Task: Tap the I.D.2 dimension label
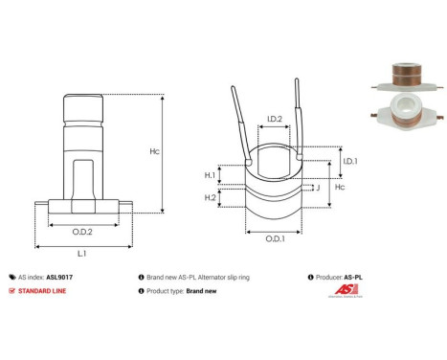pyautogui.click(x=273, y=120)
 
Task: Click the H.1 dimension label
pyautogui.click(x=209, y=175)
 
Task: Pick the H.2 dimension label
pyautogui.click(x=209, y=197)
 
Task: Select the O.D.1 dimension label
pyautogui.click(x=274, y=239)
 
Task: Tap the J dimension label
pyautogui.click(x=316, y=188)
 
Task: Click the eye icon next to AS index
pyautogui.click(x=11, y=276)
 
